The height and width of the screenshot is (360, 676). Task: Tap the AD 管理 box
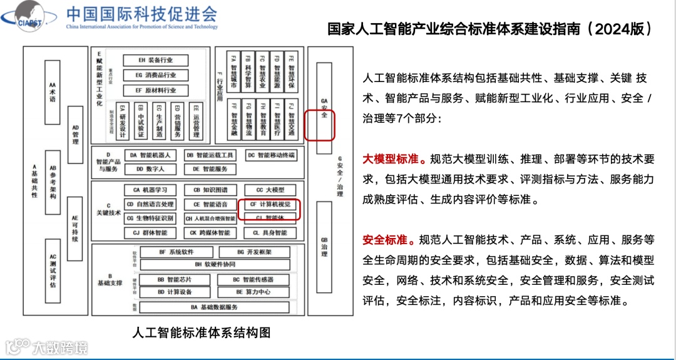tap(75, 135)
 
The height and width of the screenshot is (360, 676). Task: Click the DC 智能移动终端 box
tap(270, 155)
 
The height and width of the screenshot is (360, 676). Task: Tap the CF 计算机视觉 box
tap(270, 204)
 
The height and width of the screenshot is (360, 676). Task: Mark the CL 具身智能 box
tap(270, 232)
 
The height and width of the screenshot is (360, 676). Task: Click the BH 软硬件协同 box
tap(207, 264)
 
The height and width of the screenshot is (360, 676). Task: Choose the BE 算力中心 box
tap(253, 292)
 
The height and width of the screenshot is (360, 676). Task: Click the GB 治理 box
tap(324, 247)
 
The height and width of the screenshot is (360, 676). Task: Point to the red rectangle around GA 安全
tap(320, 125)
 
